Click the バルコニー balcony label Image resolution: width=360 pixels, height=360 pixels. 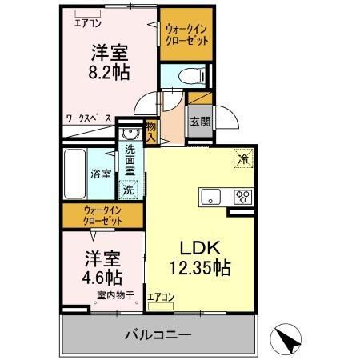coord(157,335)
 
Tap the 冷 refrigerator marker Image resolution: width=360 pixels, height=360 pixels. coord(243,158)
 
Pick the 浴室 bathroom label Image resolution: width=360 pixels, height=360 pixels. coord(101,173)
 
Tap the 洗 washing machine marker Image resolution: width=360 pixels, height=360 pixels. coord(128,190)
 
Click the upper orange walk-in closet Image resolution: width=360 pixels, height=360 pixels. coord(186,35)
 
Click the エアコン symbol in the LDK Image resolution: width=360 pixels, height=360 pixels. coord(161,303)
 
